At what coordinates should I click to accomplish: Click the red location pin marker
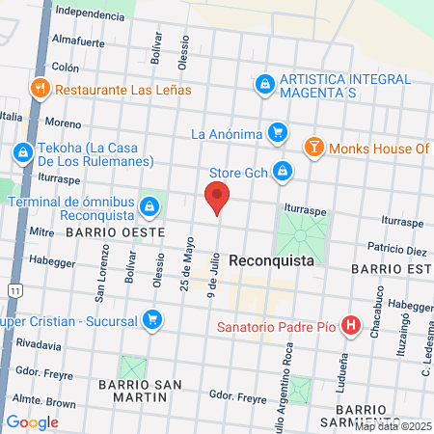click(217, 199)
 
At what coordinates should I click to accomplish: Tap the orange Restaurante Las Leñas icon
click(41, 89)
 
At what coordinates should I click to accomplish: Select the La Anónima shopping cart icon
click(278, 132)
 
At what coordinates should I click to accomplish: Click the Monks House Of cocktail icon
click(313, 148)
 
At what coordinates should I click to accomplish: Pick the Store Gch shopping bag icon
click(283, 171)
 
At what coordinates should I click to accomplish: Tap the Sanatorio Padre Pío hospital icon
click(351, 327)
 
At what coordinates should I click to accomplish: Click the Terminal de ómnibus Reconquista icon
click(149, 206)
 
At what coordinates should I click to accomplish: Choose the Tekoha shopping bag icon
click(22, 152)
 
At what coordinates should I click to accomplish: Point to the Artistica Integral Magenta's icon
click(263, 85)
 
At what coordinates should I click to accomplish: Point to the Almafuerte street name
click(78, 42)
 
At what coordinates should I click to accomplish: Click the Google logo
click(32, 421)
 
